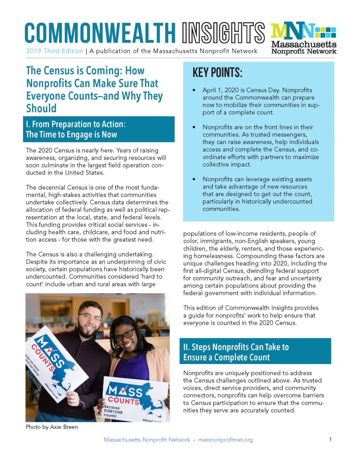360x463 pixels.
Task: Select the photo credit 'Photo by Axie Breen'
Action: [51, 427]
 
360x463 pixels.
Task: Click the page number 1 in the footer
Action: [330, 440]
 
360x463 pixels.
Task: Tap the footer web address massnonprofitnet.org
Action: [225, 440]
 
